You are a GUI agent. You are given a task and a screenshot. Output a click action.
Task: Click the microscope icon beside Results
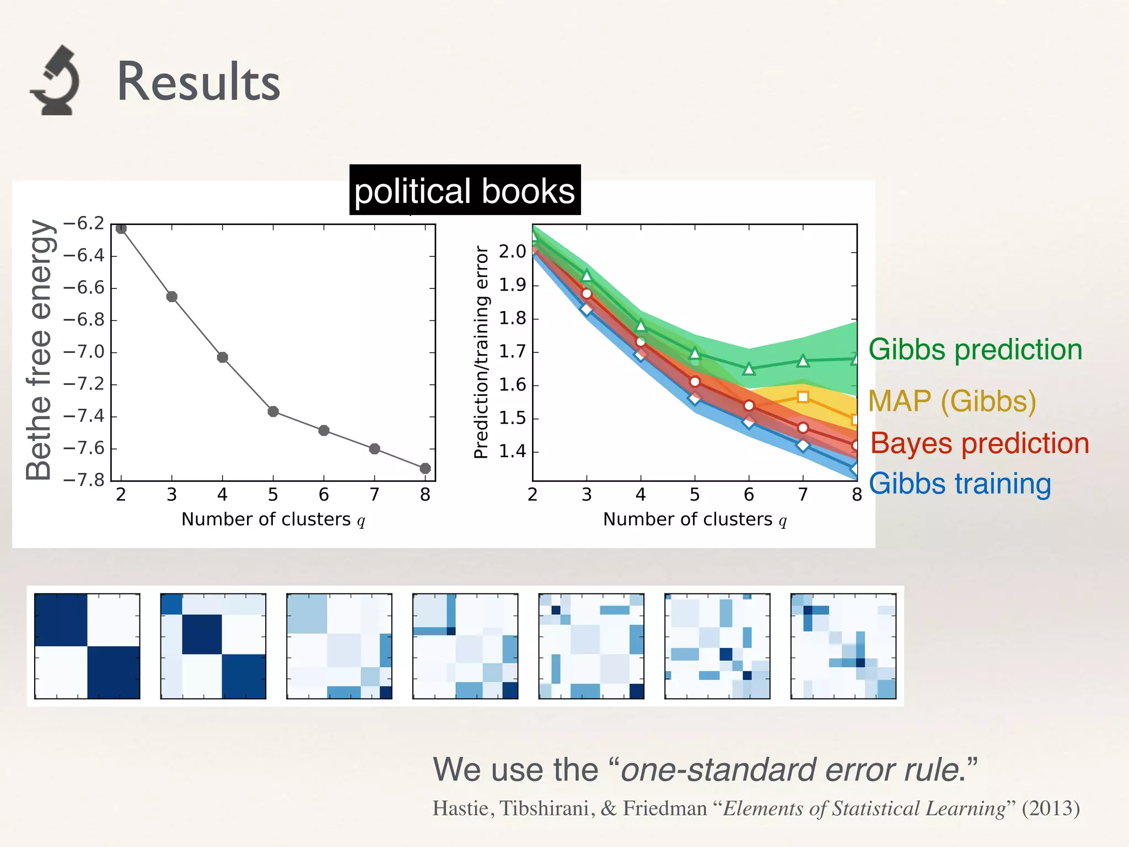point(55,81)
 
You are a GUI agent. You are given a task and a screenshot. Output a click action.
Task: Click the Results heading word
point(198,82)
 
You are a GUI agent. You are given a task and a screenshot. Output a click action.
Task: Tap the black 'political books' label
point(465,190)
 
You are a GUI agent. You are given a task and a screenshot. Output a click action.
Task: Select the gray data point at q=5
point(273,411)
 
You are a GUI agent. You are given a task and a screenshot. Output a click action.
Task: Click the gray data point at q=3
point(171,297)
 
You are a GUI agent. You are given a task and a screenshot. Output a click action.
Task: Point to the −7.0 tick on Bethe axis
point(84,352)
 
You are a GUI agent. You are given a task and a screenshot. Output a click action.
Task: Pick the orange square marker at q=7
point(803,396)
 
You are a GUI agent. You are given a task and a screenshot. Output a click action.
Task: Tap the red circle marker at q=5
point(695,382)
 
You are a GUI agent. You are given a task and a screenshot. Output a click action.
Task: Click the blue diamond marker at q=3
point(587,309)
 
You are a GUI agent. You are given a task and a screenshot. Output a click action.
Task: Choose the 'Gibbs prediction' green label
point(975,350)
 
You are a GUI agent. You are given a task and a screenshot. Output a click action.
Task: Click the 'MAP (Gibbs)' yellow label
point(952,401)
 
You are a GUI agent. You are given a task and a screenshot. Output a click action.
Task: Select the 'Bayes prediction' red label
point(980,443)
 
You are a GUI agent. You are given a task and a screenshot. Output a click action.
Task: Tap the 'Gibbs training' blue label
point(960,484)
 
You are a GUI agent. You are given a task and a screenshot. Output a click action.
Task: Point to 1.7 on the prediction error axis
point(512,352)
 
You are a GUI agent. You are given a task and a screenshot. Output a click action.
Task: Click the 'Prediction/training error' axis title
point(481,352)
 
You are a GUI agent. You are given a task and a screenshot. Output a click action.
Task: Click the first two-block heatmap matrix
point(87,646)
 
